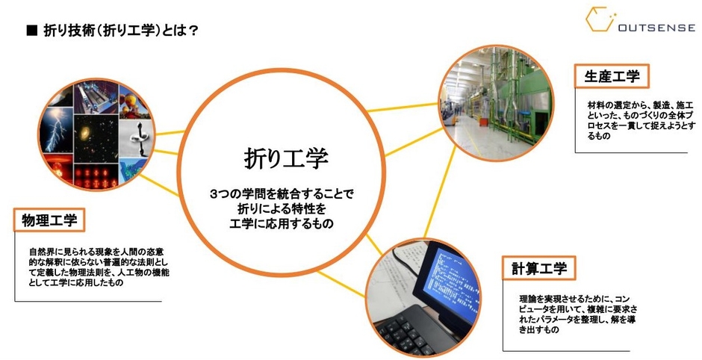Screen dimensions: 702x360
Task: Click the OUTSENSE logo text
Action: [656, 28]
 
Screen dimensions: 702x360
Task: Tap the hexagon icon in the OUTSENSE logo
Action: [600, 19]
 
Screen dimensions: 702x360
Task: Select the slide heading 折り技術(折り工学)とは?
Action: [121, 31]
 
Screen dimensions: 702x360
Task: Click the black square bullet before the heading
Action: [32, 31]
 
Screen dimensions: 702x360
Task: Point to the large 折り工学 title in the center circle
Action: [286, 158]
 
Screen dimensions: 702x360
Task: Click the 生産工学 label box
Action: [612, 76]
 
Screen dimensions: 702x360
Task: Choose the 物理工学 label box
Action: [49, 220]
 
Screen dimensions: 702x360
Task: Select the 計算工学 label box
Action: [539, 268]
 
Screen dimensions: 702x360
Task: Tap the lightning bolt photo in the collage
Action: [55, 130]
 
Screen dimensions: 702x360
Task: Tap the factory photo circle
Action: [496, 102]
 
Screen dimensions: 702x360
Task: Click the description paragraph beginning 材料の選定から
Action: [636, 121]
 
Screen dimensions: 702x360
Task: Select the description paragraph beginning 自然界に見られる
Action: [99, 267]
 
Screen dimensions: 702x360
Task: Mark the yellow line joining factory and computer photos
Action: [440, 192]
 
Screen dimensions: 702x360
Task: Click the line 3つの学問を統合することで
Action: [282, 194]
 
